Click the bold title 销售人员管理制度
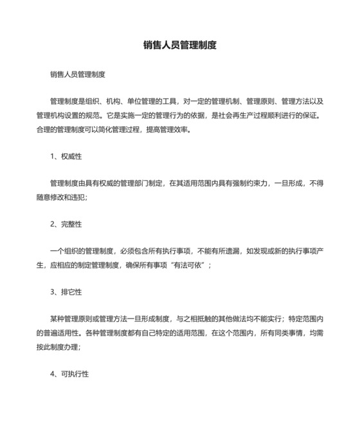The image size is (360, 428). [x=179, y=46]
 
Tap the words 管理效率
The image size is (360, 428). [x=173, y=129]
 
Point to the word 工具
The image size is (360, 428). [x=172, y=102]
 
